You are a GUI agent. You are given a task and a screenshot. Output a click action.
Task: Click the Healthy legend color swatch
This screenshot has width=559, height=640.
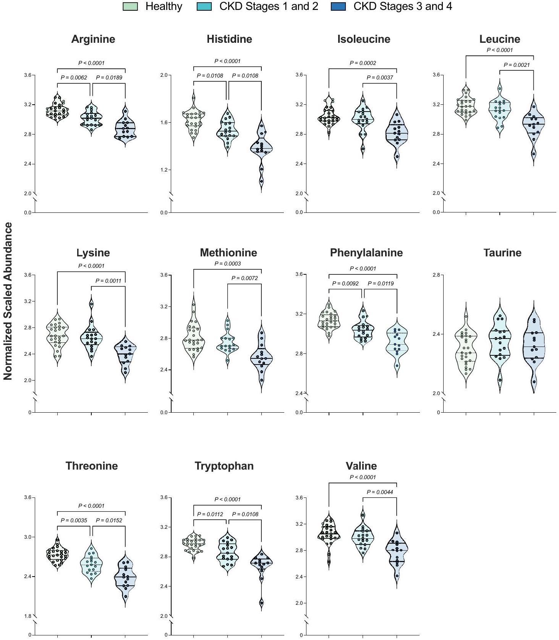click(x=130, y=6)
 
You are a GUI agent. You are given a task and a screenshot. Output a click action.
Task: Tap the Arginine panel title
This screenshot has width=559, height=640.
click(x=93, y=39)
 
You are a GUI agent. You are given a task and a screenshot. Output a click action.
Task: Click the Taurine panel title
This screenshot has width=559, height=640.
click(x=502, y=253)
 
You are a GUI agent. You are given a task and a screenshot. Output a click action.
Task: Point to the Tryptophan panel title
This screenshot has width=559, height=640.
click(x=224, y=466)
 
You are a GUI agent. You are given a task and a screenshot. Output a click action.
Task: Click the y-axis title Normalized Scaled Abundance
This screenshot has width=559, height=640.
click(x=8, y=301)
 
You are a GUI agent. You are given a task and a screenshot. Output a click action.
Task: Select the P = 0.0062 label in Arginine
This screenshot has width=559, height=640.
click(x=74, y=78)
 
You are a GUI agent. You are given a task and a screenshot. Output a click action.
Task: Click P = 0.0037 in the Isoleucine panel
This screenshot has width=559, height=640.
click(x=380, y=78)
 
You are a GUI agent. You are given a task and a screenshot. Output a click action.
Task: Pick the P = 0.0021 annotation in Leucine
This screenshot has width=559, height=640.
click(x=517, y=65)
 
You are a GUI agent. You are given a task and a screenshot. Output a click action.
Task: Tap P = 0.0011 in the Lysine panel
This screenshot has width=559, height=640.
click(x=108, y=281)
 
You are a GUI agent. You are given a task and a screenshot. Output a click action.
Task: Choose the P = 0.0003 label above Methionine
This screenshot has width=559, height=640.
click(x=227, y=264)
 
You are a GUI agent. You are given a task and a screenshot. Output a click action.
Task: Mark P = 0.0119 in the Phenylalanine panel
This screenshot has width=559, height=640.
click(x=381, y=284)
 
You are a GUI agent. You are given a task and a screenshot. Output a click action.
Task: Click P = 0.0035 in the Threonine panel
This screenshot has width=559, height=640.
click(x=74, y=520)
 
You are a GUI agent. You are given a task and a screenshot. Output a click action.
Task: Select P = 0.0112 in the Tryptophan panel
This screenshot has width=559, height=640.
click(x=210, y=514)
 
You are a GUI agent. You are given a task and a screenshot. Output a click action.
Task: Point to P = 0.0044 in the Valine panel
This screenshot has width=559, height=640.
click(x=380, y=492)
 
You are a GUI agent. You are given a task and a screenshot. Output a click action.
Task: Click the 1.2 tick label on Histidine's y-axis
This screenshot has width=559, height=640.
click(x=164, y=170)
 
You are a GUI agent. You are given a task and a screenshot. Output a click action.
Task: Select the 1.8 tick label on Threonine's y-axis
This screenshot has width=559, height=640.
click(x=28, y=616)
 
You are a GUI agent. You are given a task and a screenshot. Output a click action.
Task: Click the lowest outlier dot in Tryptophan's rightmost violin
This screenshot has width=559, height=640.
click(x=262, y=603)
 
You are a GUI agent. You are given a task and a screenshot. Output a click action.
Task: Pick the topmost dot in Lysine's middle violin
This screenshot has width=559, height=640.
click(x=91, y=304)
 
